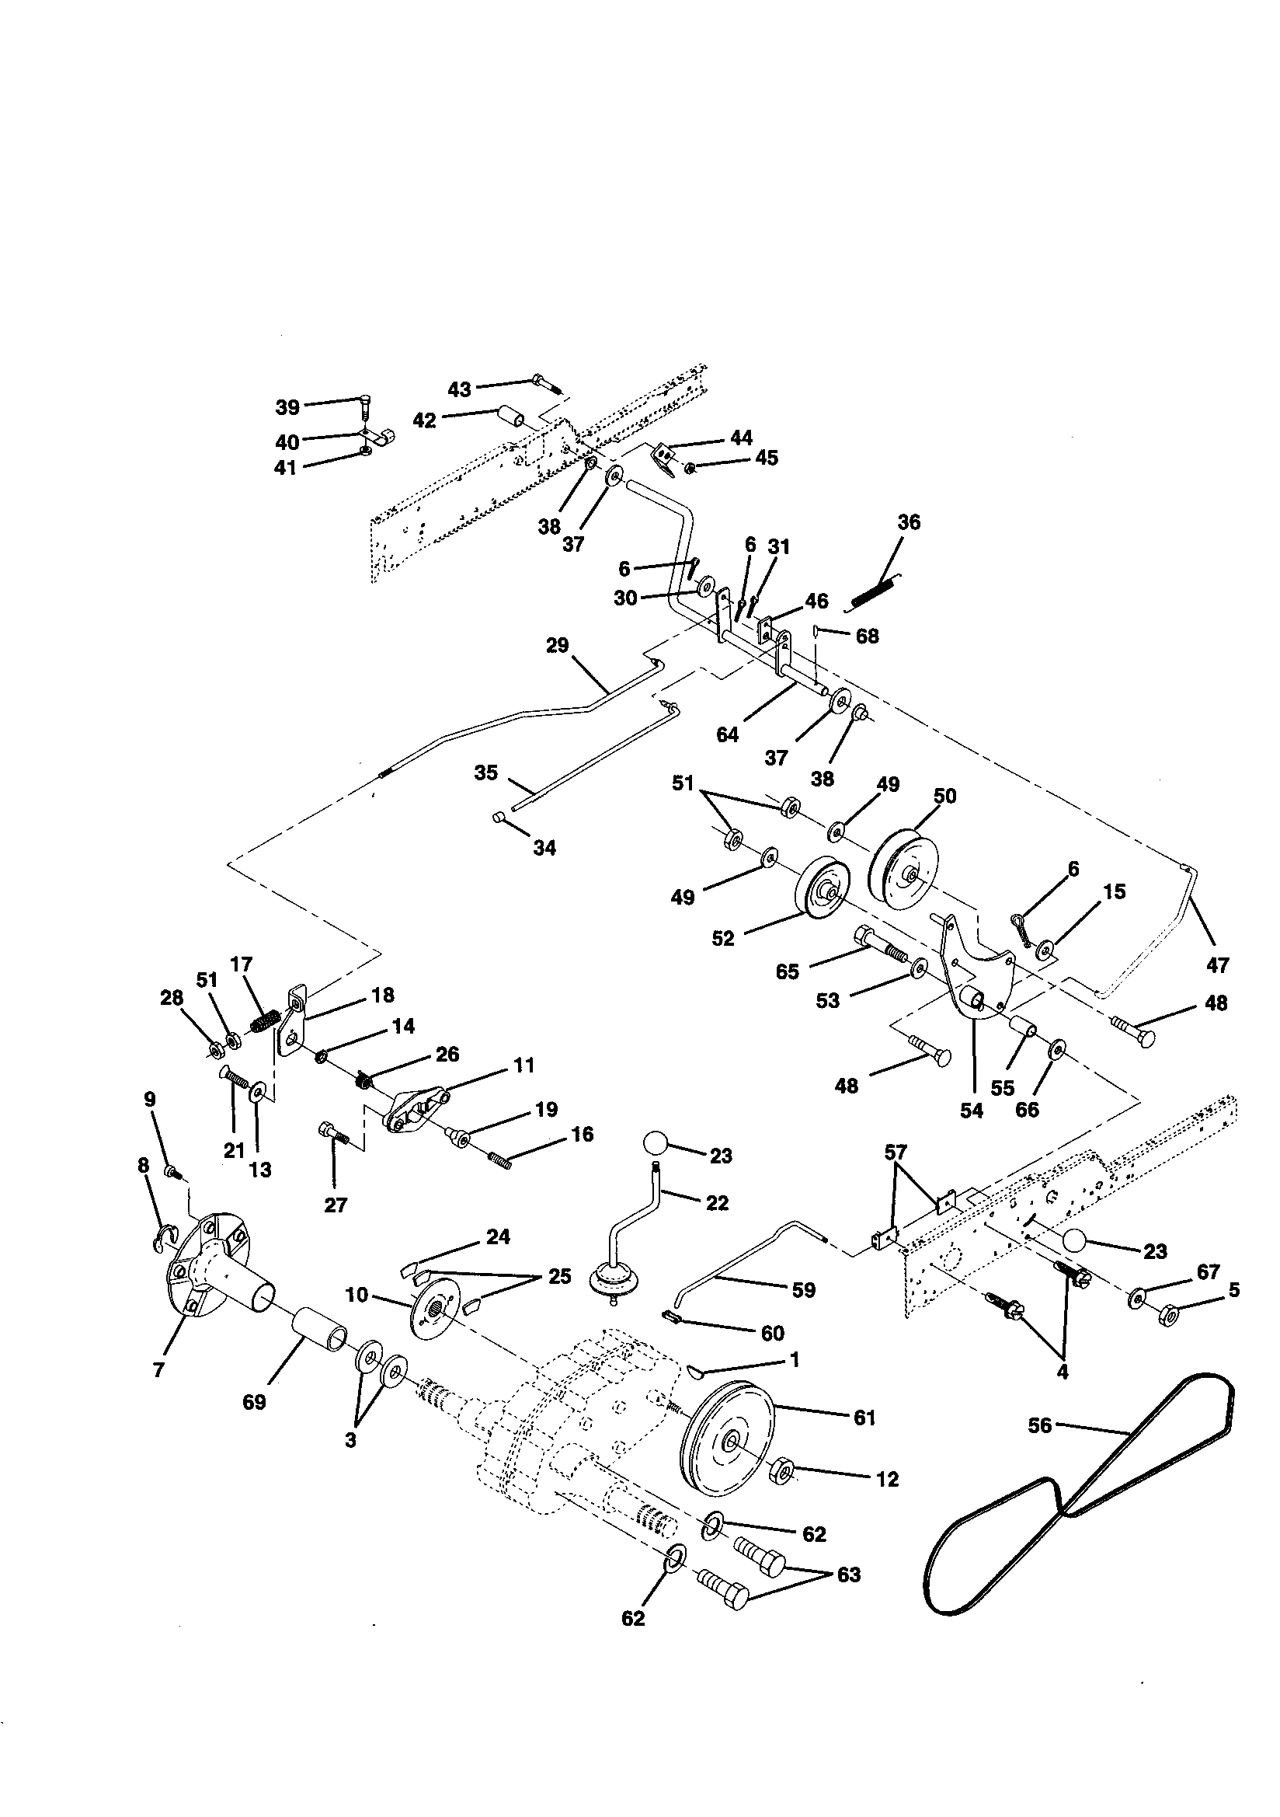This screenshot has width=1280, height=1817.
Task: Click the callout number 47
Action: [x=1218, y=964]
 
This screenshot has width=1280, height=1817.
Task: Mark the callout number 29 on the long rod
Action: [x=557, y=645]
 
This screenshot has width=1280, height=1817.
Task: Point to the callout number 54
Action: [x=971, y=1111]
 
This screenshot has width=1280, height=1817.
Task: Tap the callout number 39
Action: [x=287, y=406]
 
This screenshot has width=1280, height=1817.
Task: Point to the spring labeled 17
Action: [x=264, y=1021]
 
